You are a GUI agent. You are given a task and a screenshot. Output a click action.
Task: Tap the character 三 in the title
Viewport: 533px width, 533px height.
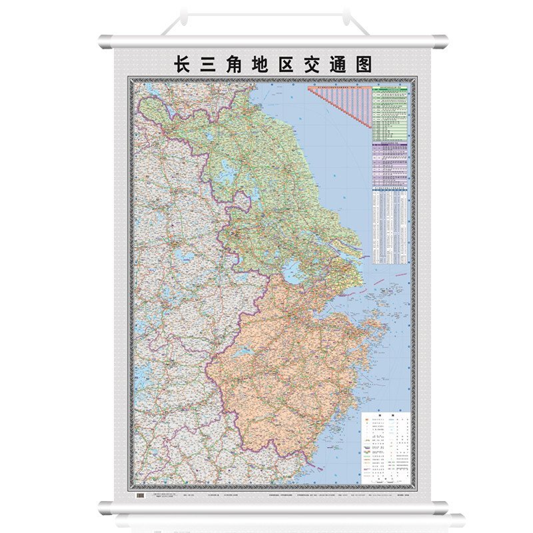(215, 64)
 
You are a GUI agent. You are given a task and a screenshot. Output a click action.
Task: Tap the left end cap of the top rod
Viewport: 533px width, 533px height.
(105, 41)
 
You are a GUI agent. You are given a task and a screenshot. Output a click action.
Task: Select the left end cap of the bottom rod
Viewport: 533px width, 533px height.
(105, 507)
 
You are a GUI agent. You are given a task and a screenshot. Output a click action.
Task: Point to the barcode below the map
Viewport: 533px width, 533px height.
(140, 496)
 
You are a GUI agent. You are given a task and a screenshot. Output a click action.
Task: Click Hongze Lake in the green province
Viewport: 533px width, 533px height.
(227, 175)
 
